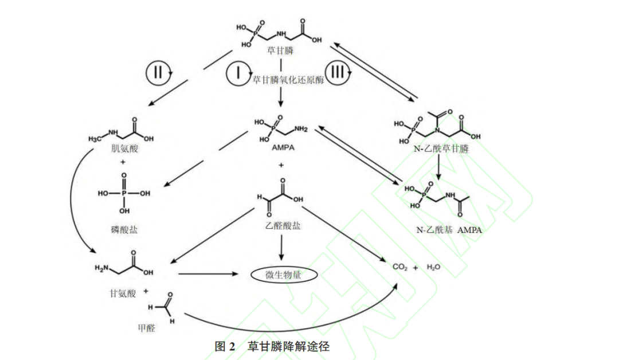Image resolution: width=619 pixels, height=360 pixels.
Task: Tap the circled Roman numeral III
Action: (338, 73)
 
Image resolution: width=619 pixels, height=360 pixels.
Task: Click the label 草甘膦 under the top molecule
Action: (280, 51)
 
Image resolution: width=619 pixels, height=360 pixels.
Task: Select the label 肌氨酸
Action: (126, 148)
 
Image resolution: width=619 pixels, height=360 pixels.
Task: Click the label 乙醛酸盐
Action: (281, 225)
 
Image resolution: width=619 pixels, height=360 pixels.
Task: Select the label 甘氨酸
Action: (123, 293)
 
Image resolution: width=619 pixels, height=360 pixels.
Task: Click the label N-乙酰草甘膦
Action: (441, 150)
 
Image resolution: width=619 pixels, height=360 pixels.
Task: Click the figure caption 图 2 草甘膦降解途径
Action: (272, 346)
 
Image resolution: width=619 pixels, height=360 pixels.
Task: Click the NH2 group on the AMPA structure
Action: (300, 130)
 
